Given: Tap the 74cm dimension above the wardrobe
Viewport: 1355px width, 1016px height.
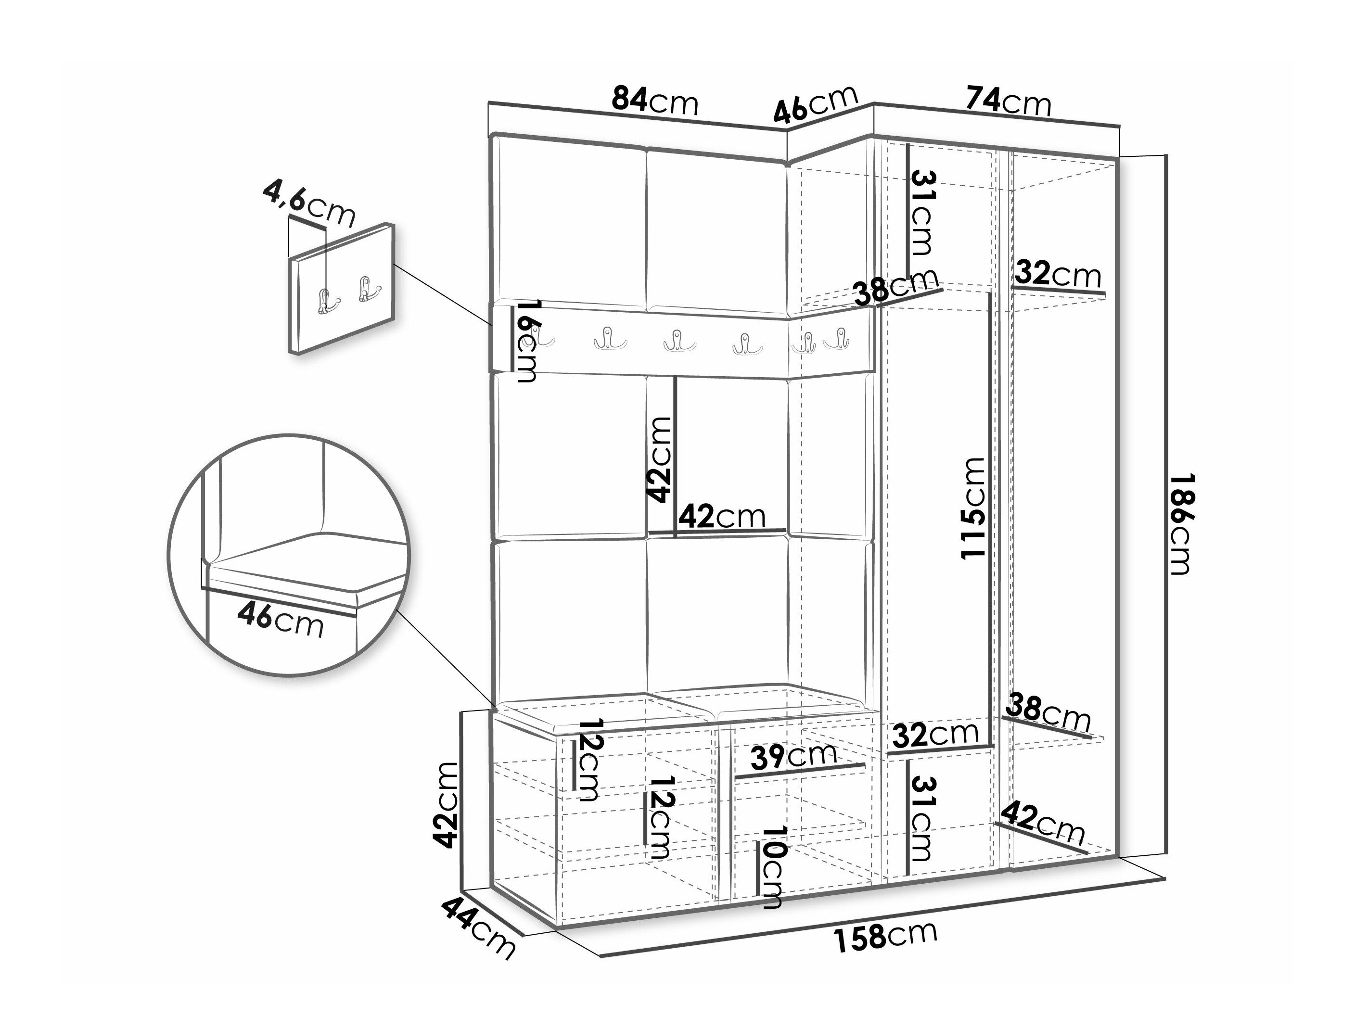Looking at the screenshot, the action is click(1008, 101).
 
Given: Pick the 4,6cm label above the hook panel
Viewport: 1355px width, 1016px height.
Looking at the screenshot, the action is click(309, 204).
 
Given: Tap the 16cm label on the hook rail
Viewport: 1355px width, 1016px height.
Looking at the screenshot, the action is click(526, 341).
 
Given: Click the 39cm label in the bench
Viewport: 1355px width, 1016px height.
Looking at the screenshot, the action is click(793, 757).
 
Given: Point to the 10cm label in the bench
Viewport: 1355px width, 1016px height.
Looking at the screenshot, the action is click(771, 866).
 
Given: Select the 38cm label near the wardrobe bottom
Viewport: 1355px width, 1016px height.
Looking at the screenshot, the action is click(1048, 713).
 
